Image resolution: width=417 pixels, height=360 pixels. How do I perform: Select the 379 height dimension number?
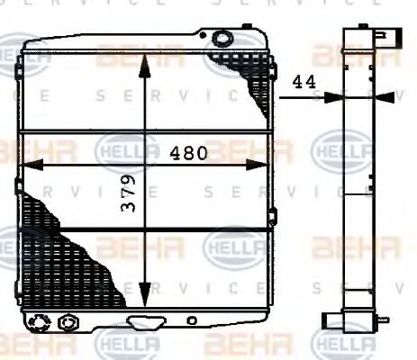[130, 217]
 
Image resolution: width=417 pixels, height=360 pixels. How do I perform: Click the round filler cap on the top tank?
[220, 38]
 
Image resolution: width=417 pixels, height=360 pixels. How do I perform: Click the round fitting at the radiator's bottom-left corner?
[41, 321]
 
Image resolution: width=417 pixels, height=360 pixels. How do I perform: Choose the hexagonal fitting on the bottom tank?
[66, 321]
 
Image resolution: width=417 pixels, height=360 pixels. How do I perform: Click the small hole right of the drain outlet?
[192, 319]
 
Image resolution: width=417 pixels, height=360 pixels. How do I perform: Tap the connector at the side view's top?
[382, 38]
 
